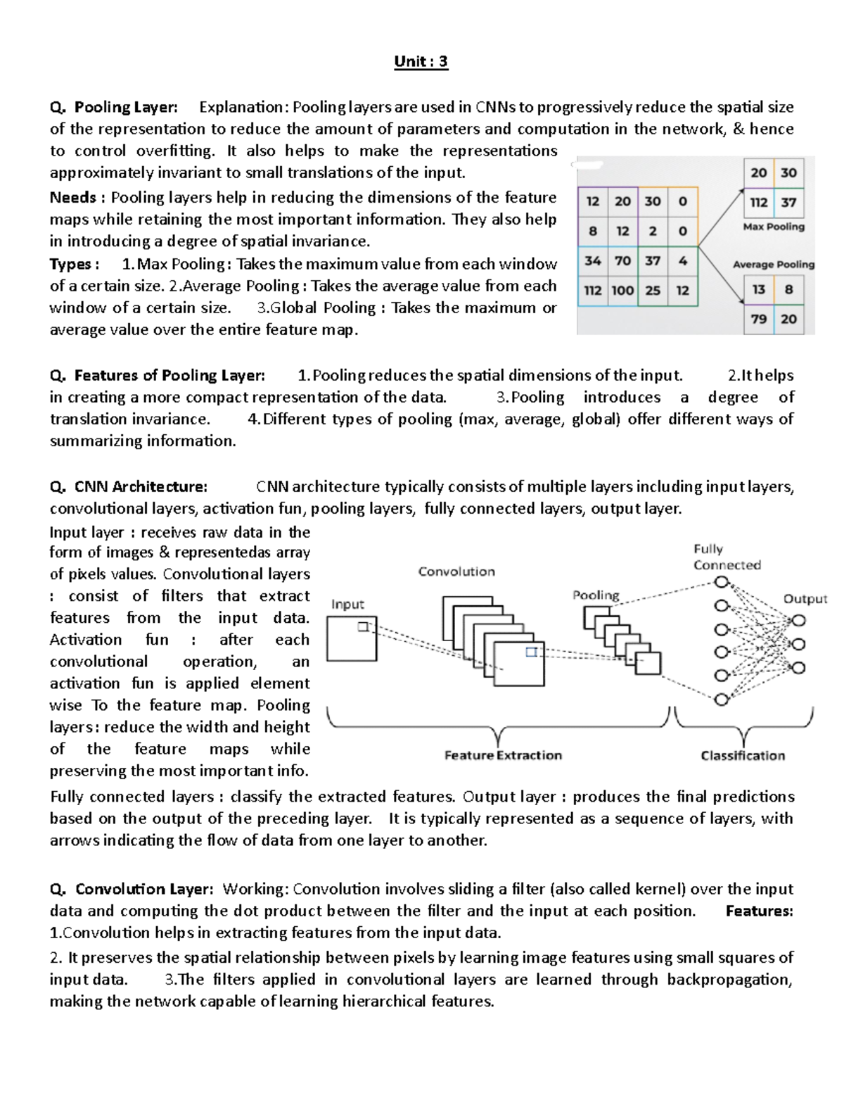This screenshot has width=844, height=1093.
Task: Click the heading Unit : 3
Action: click(x=421, y=62)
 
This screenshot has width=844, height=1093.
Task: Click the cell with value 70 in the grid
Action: click(x=622, y=261)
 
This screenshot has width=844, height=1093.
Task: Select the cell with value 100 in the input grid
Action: click(x=622, y=291)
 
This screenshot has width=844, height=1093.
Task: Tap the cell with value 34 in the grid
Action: click(x=593, y=261)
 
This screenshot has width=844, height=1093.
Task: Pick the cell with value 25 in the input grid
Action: click(x=653, y=291)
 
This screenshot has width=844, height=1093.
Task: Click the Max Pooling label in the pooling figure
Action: click(x=774, y=227)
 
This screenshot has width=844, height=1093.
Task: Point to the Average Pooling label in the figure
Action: click(x=774, y=265)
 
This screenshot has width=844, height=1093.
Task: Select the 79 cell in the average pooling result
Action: click(x=759, y=319)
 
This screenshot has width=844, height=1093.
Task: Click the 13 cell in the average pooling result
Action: click(x=759, y=289)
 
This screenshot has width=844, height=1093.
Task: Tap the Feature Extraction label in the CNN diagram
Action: click(x=503, y=755)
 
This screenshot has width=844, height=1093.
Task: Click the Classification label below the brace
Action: click(x=743, y=755)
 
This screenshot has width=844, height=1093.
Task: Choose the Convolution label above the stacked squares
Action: click(x=456, y=571)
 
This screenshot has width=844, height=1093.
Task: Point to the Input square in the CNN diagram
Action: click(x=352, y=639)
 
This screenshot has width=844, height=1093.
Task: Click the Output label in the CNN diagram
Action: click(x=805, y=599)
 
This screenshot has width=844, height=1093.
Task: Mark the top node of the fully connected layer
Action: click(x=721, y=583)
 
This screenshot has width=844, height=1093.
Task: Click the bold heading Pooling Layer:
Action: click(x=126, y=108)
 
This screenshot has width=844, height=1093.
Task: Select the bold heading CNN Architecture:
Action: click(x=141, y=487)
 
